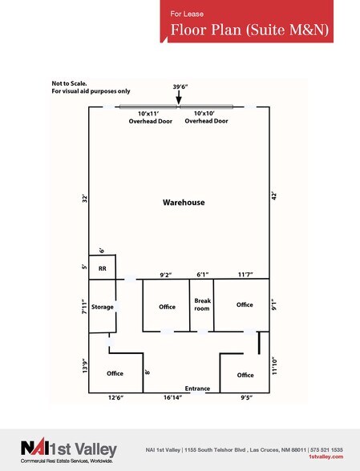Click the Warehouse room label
point(184,203)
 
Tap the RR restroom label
point(103,268)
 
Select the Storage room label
point(103,307)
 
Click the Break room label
point(202,304)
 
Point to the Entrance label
point(197,388)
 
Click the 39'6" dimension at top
point(180,87)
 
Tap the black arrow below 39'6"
point(179,98)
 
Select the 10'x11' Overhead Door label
point(151,118)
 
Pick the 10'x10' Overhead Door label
point(206,117)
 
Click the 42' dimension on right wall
point(274,196)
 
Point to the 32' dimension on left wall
point(85,199)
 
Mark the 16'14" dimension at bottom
point(173,397)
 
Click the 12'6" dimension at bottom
point(115,397)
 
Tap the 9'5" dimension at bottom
point(246,397)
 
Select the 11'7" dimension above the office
point(245,274)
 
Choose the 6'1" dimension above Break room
point(202,274)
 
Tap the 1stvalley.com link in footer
point(326,457)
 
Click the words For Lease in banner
point(187,14)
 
